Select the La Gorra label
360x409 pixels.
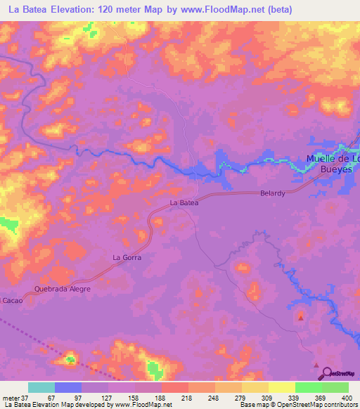coord(127,258)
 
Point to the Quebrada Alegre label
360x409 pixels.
coord(63,288)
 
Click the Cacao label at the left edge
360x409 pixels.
coord(11,300)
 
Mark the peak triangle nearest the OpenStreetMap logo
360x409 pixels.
coord(316,365)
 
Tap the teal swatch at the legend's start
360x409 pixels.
coord(41,387)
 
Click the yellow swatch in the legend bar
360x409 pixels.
coord(281,387)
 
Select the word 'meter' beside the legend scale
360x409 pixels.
coord(11,398)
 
